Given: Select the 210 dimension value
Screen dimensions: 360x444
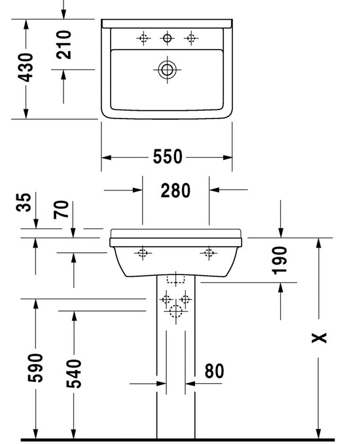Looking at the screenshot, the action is (x=63, y=45).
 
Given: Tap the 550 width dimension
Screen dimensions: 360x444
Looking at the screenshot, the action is (x=168, y=157).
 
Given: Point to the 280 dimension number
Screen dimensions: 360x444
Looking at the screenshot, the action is (x=175, y=191).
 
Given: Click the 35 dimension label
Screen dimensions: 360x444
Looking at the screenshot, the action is (x=23, y=202).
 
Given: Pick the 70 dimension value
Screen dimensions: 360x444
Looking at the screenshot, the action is (x=61, y=210).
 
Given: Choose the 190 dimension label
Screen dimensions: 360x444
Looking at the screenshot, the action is (x=279, y=261).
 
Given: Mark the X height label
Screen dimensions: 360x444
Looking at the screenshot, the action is (x=319, y=338).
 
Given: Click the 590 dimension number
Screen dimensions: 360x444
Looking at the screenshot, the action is (x=35, y=368).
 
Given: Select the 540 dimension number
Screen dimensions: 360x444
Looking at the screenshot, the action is (x=74, y=373).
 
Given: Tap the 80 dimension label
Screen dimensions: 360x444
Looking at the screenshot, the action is (x=214, y=371).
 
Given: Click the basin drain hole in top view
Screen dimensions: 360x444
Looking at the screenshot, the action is (x=167, y=69).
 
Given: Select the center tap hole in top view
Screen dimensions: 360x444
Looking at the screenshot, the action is (x=167, y=38).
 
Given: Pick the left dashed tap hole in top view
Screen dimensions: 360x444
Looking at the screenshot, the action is (x=143, y=38).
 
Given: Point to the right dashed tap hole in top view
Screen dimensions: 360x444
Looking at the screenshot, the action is (x=191, y=38).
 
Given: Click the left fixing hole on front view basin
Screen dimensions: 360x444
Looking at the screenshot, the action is (x=143, y=253).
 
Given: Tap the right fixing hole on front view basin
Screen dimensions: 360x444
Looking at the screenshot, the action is (x=209, y=253).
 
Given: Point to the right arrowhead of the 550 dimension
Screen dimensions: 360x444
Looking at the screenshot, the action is (x=228, y=157).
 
